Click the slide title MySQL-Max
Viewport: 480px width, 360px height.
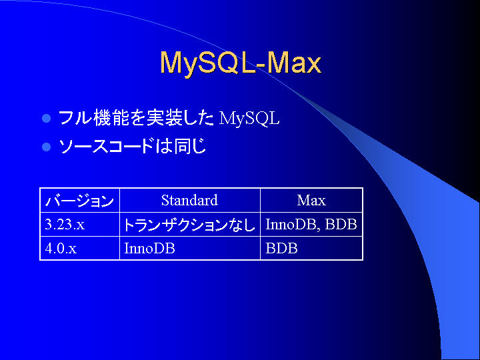pyautogui.click(x=241, y=63)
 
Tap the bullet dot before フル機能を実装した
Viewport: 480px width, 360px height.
pyautogui.click(x=46, y=118)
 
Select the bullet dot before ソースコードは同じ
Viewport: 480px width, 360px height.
pyautogui.click(x=46, y=147)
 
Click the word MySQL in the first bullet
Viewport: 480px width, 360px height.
pyautogui.click(x=249, y=119)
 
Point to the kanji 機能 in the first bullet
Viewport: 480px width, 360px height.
pyautogui.click(x=111, y=118)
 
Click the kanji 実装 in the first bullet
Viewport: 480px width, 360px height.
pyautogui.click(x=164, y=118)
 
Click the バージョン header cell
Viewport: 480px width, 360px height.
pyautogui.click(x=79, y=201)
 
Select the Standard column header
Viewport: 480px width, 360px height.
pyautogui.click(x=189, y=200)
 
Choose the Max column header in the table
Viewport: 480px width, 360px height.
pyautogui.click(x=311, y=200)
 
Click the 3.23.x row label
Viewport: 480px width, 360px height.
pyautogui.click(x=65, y=225)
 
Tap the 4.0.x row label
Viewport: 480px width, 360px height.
pyautogui.click(x=61, y=248)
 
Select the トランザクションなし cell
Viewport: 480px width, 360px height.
pyautogui.click(x=189, y=225)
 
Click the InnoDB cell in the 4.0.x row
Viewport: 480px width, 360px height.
pyautogui.click(x=149, y=248)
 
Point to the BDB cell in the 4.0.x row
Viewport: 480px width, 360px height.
pyautogui.click(x=281, y=248)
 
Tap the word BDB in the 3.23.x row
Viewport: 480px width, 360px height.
pyautogui.click(x=341, y=225)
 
